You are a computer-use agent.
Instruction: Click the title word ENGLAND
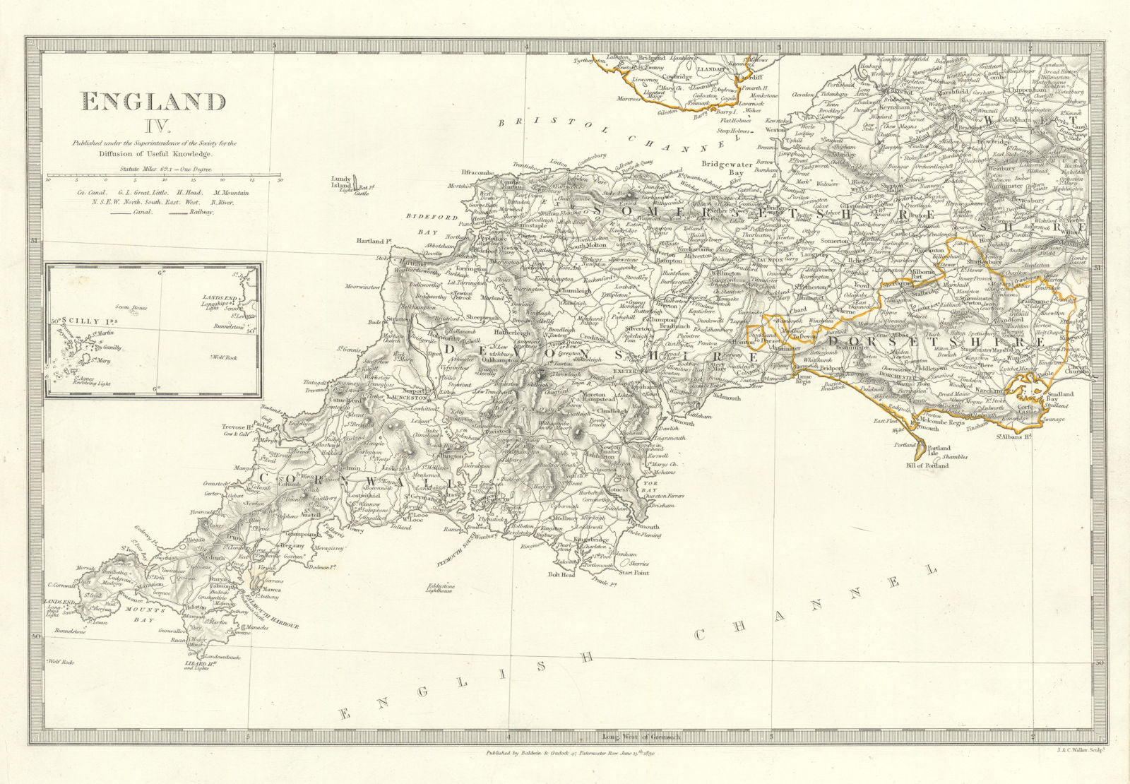154,102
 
